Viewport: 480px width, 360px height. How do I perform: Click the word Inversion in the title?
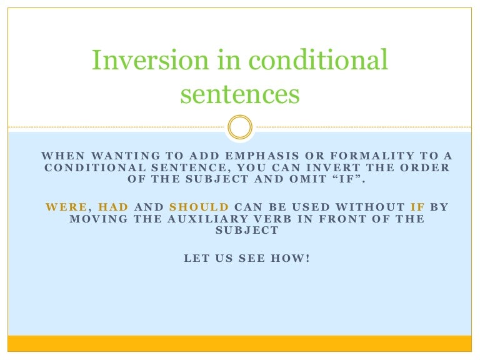150,59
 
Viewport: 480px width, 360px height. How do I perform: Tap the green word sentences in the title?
240,93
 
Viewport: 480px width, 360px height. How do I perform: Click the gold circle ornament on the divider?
240,127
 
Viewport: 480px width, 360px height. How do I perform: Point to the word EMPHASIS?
262,156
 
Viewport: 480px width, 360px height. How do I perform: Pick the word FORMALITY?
372,156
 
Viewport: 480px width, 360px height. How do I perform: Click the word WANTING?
126,156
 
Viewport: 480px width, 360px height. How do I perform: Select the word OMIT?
308,179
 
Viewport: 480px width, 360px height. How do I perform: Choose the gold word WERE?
66,207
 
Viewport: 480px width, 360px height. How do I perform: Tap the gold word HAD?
113,207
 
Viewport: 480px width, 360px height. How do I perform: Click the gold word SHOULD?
199,207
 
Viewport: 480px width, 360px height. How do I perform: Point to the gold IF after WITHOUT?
417,207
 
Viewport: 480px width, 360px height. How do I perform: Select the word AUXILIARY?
207,219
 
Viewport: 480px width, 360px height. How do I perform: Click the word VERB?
272,219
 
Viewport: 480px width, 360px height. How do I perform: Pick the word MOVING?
99,219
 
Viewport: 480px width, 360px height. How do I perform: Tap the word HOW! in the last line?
290,258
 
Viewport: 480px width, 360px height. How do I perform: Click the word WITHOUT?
371,207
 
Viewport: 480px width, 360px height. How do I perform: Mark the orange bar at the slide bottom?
240,344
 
